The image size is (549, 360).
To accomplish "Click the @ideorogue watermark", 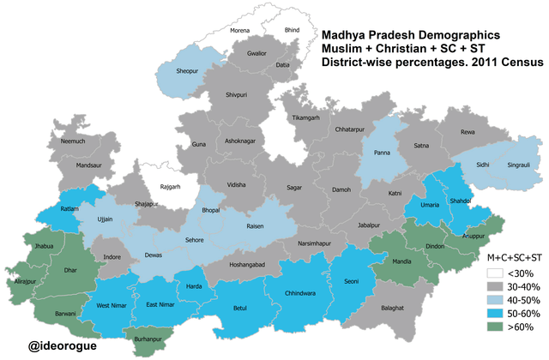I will pyautogui.click(x=62, y=346).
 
